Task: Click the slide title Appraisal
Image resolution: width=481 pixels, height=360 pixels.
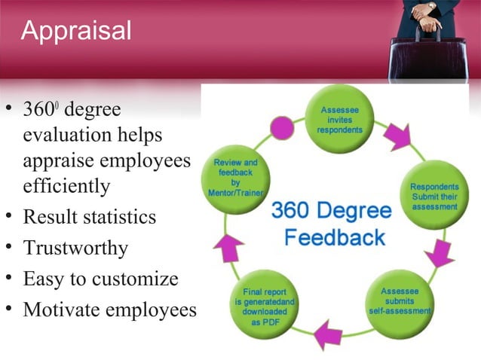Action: (76, 31)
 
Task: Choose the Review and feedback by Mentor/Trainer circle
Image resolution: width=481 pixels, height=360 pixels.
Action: (235, 177)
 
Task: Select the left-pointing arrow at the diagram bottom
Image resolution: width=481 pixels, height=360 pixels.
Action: (329, 332)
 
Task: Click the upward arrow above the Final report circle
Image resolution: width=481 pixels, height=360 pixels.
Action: (229, 244)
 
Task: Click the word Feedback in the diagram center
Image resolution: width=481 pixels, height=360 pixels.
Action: (335, 238)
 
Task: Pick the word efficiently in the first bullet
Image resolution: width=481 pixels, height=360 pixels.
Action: (66, 185)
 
